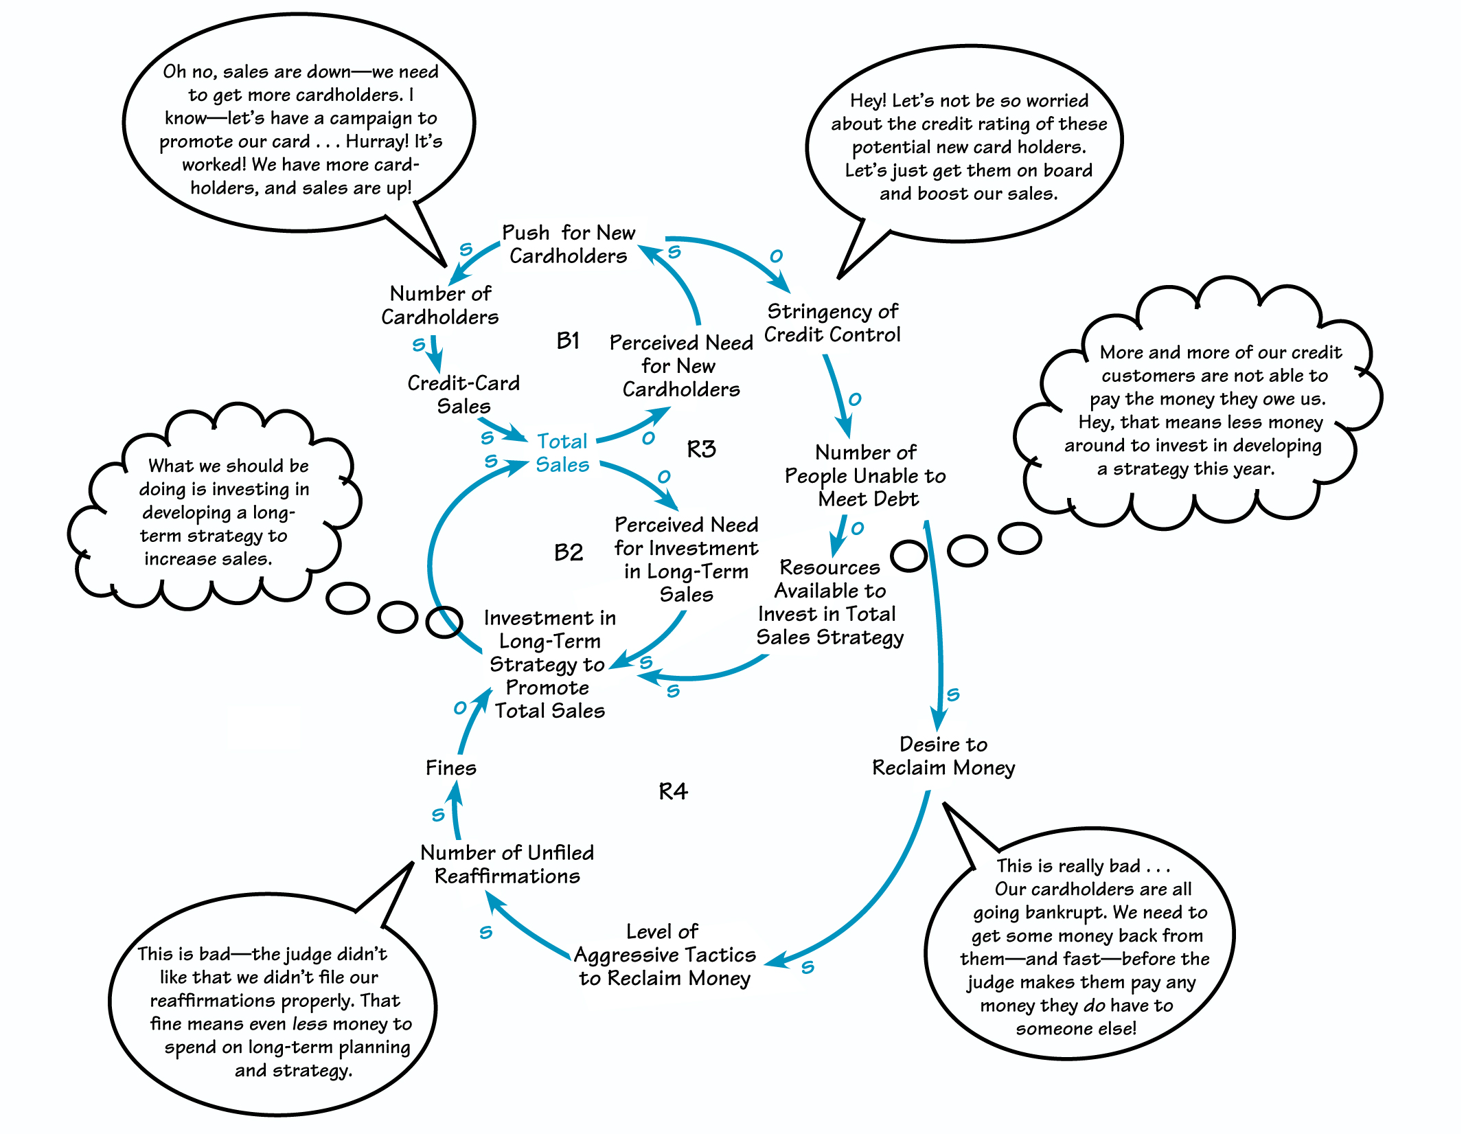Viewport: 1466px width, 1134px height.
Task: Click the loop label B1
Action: coord(568,341)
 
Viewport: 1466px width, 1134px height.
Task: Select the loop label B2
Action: coord(569,552)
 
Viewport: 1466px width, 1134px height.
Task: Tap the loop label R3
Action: coord(701,449)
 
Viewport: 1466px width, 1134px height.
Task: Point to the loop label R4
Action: coord(673,791)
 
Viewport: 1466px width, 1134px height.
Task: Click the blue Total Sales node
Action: coord(562,453)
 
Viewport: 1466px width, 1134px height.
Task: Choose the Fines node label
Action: coord(450,768)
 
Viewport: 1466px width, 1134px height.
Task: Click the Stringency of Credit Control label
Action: coord(832,323)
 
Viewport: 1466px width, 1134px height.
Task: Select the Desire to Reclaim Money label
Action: coord(943,756)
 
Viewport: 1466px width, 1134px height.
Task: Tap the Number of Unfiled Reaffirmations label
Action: coord(507,864)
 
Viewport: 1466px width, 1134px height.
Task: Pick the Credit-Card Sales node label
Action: coord(463,394)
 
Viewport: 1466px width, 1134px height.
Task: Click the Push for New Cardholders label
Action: coord(569,244)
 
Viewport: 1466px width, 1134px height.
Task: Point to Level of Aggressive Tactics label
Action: coord(665,955)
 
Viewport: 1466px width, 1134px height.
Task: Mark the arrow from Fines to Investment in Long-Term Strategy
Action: coord(471,721)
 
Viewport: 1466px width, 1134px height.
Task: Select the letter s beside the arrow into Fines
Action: coord(438,815)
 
